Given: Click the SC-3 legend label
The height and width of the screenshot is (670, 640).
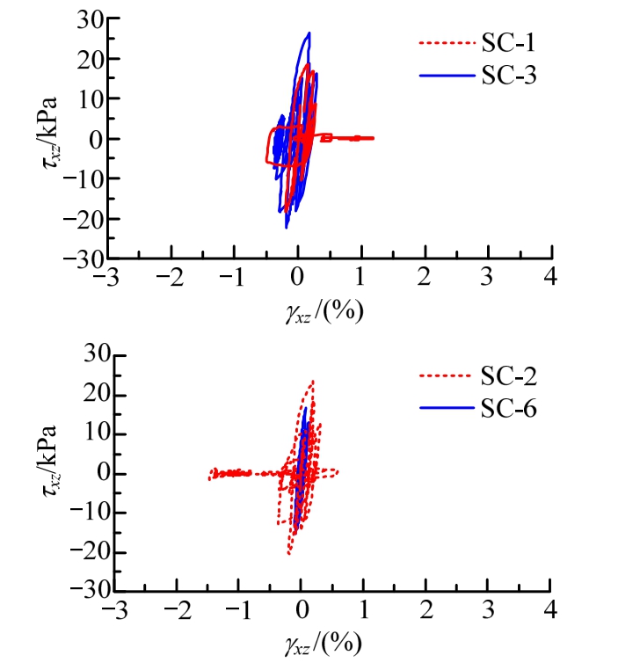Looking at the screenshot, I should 513,77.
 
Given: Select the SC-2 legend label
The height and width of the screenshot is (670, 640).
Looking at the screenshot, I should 513,378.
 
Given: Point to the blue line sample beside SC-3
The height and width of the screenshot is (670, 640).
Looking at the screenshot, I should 445,77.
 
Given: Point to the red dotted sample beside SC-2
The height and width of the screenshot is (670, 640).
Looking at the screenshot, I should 445,378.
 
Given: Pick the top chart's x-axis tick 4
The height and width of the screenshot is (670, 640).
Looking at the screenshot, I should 551,280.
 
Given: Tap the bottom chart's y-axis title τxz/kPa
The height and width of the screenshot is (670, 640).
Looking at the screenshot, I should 53,473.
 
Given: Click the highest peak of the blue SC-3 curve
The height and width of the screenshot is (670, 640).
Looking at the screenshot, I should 309,33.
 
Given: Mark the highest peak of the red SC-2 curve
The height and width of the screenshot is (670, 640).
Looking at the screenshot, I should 312,382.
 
